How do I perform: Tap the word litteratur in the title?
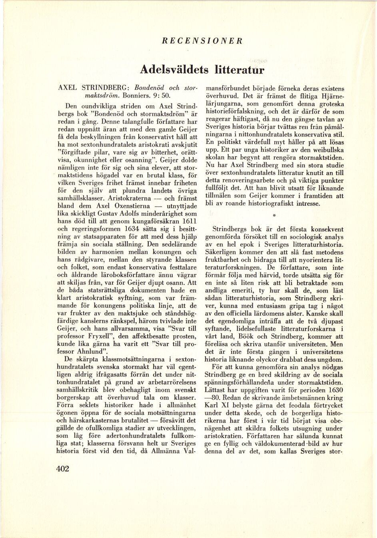(239, 70)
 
